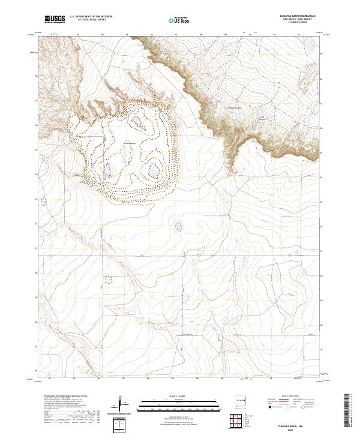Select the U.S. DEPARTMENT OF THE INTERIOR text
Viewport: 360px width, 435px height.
point(91,17)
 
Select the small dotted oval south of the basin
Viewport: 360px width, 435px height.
point(178,227)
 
